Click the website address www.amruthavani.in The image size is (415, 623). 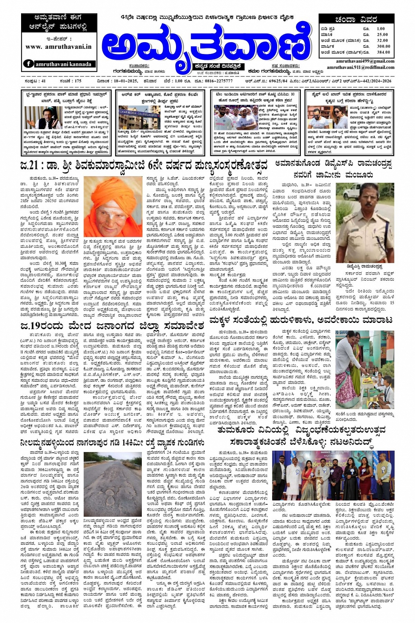coord(58,46)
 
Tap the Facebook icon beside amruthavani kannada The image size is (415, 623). coord(29,64)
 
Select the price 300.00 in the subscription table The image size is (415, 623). coord(383,46)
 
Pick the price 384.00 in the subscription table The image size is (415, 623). coord(383,52)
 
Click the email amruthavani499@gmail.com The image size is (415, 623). coord(365,61)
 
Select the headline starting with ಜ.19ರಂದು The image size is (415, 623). coord(112,326)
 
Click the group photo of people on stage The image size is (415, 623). coord(332,476)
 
